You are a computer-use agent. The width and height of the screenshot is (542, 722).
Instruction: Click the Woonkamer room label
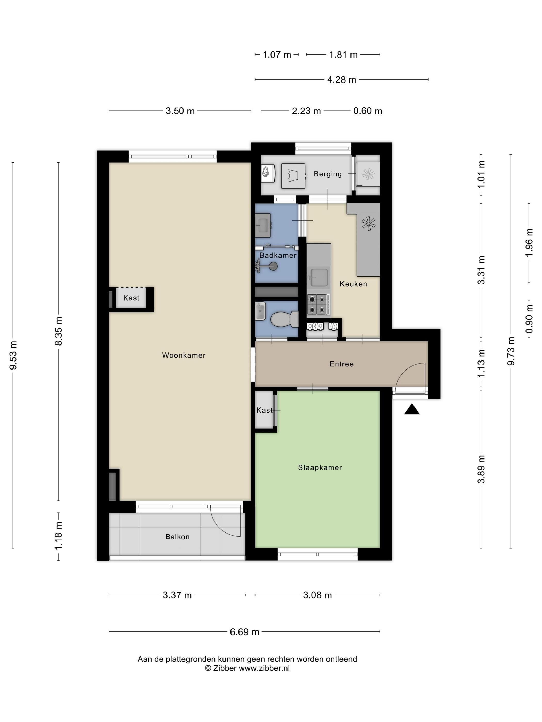pyautogui.click(x=184, y=355)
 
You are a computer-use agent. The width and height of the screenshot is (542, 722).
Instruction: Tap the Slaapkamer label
pyautogui.click(x=320, y=467)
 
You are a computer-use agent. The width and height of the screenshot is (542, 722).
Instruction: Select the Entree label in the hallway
pyautogui.click(x=341, y=364)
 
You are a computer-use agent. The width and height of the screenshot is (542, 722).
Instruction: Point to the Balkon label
pyautogui.click(x=177, y=537)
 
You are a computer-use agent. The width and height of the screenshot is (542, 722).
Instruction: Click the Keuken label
pyautogui.click(x=353, y=284)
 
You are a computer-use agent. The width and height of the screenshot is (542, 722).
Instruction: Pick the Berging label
pyautogui.click(x=328, y=174)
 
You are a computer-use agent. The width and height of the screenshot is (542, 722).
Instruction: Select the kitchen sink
pyautogui.click(x=319, y=277)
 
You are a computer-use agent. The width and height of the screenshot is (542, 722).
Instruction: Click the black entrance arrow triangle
pyautogui.click(x=412, y=409)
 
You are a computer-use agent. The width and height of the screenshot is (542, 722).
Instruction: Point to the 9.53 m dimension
pyautogui.click(x=13, y=355)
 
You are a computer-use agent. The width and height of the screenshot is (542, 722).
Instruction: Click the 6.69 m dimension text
pyautogui.click(x=244, y=632)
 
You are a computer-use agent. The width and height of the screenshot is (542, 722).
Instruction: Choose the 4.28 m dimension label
pyautogui.click(x=341, y=80)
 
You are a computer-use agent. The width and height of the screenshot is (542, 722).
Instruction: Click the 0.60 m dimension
pyautogui.click(x=368, y=111)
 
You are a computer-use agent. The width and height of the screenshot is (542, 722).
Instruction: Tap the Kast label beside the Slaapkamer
pyautogui.click(x=264, y=410)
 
